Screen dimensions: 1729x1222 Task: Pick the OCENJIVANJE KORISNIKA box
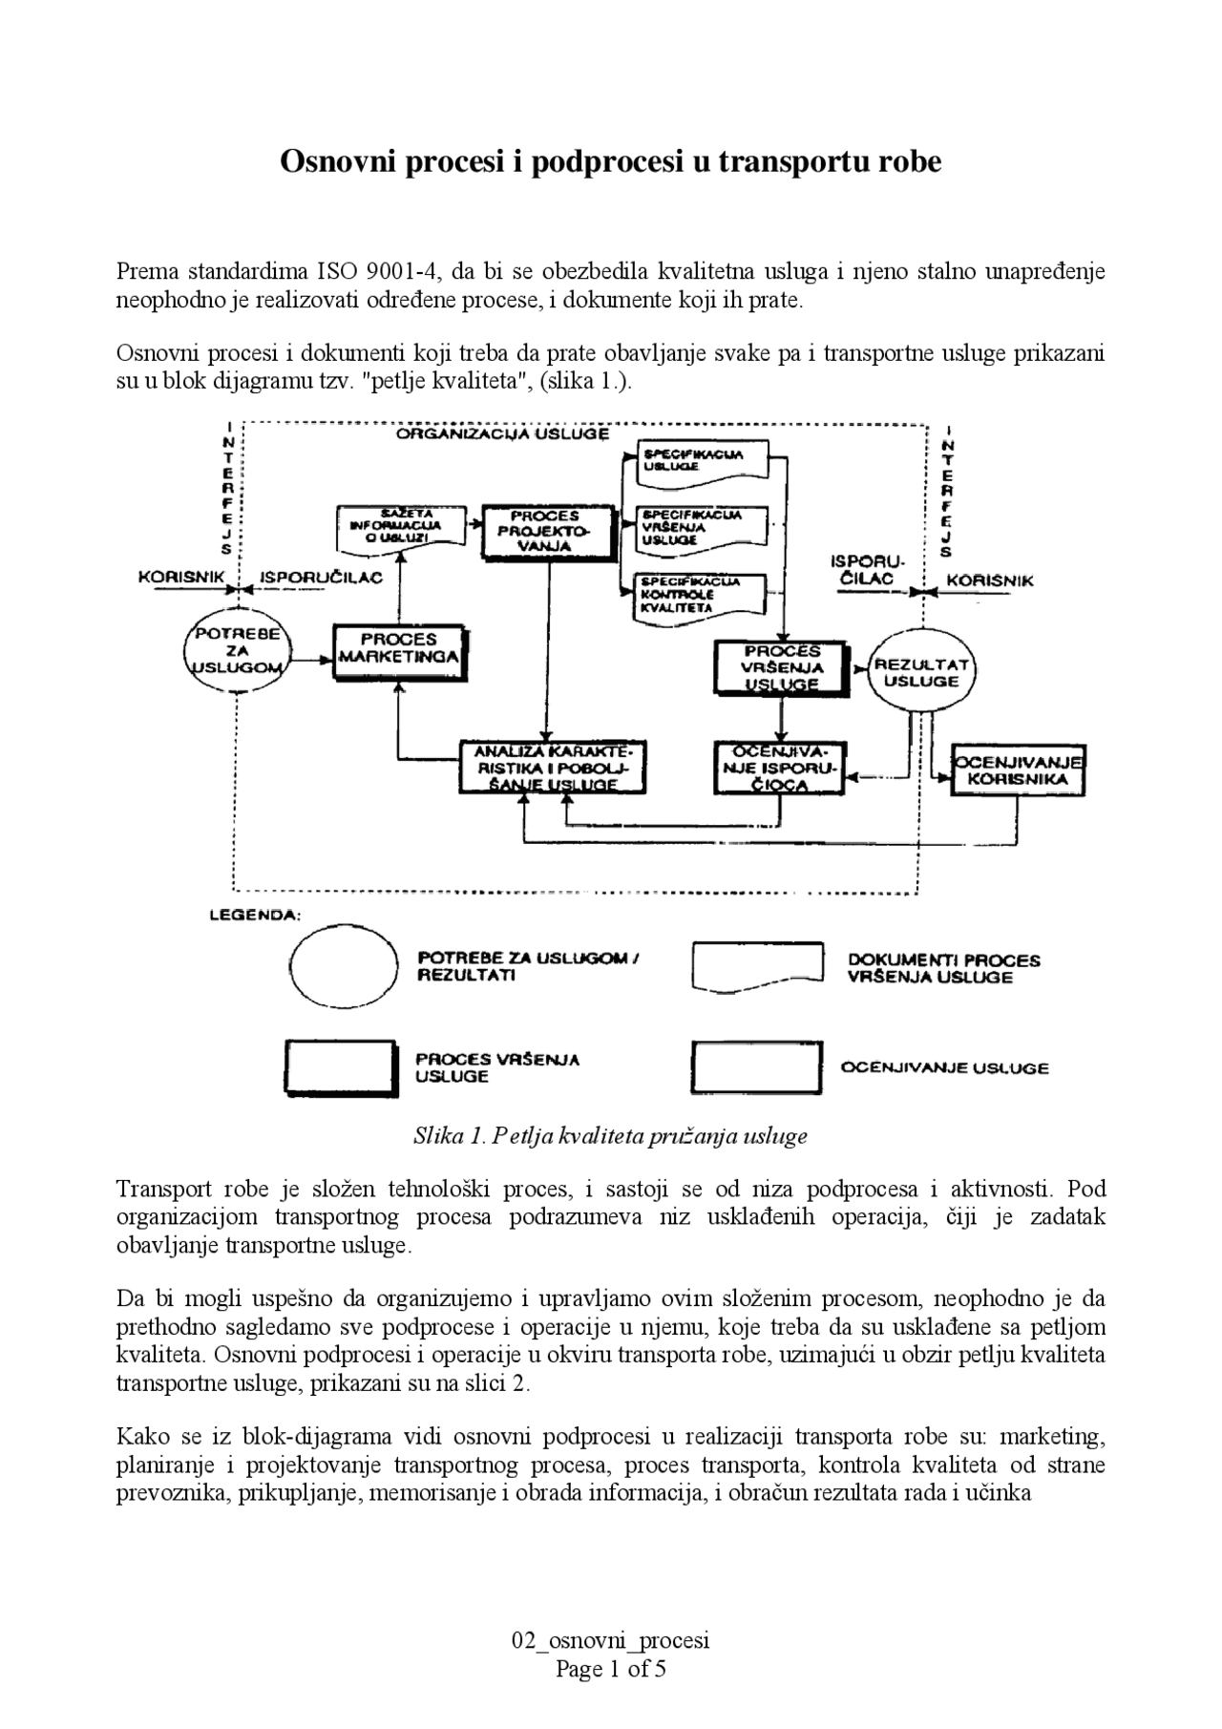tap(1018, 770)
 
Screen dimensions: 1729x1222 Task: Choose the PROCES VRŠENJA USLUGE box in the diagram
tap(781, 666)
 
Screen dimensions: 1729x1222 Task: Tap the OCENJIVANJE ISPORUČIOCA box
tap(779, 768)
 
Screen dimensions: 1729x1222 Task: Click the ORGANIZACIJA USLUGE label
tap(502, 434)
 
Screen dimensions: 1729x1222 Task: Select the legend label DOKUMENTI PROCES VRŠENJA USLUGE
tap(943, 968)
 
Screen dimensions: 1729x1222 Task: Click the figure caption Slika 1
tap(610, 1136)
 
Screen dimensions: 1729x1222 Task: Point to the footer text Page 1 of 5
tap(610, 1669)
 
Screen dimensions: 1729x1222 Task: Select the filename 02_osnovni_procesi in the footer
tap(610, 1641)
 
